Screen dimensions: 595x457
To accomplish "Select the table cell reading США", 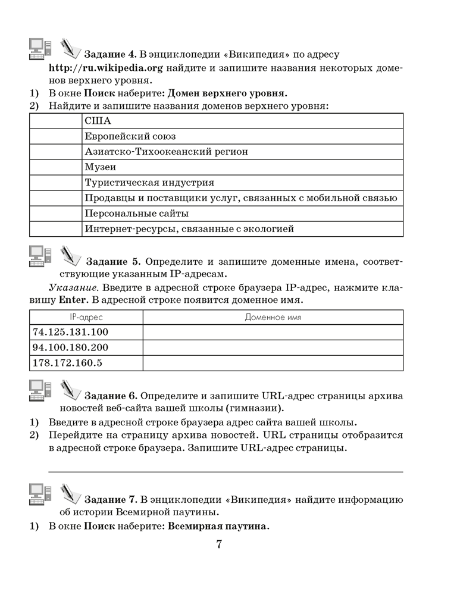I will (95, 121).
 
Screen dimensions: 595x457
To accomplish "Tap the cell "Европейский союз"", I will (130, 136).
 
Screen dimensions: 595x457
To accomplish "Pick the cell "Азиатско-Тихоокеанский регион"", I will (166, 152).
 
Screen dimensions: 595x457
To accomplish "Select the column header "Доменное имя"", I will (273, 317).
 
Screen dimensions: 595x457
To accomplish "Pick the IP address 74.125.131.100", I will (71, 332).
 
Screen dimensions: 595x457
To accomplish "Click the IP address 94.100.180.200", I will (71, 347).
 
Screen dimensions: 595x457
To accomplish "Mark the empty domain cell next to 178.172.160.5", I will (273, 362).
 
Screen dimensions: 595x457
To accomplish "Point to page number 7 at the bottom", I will (218, 546).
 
